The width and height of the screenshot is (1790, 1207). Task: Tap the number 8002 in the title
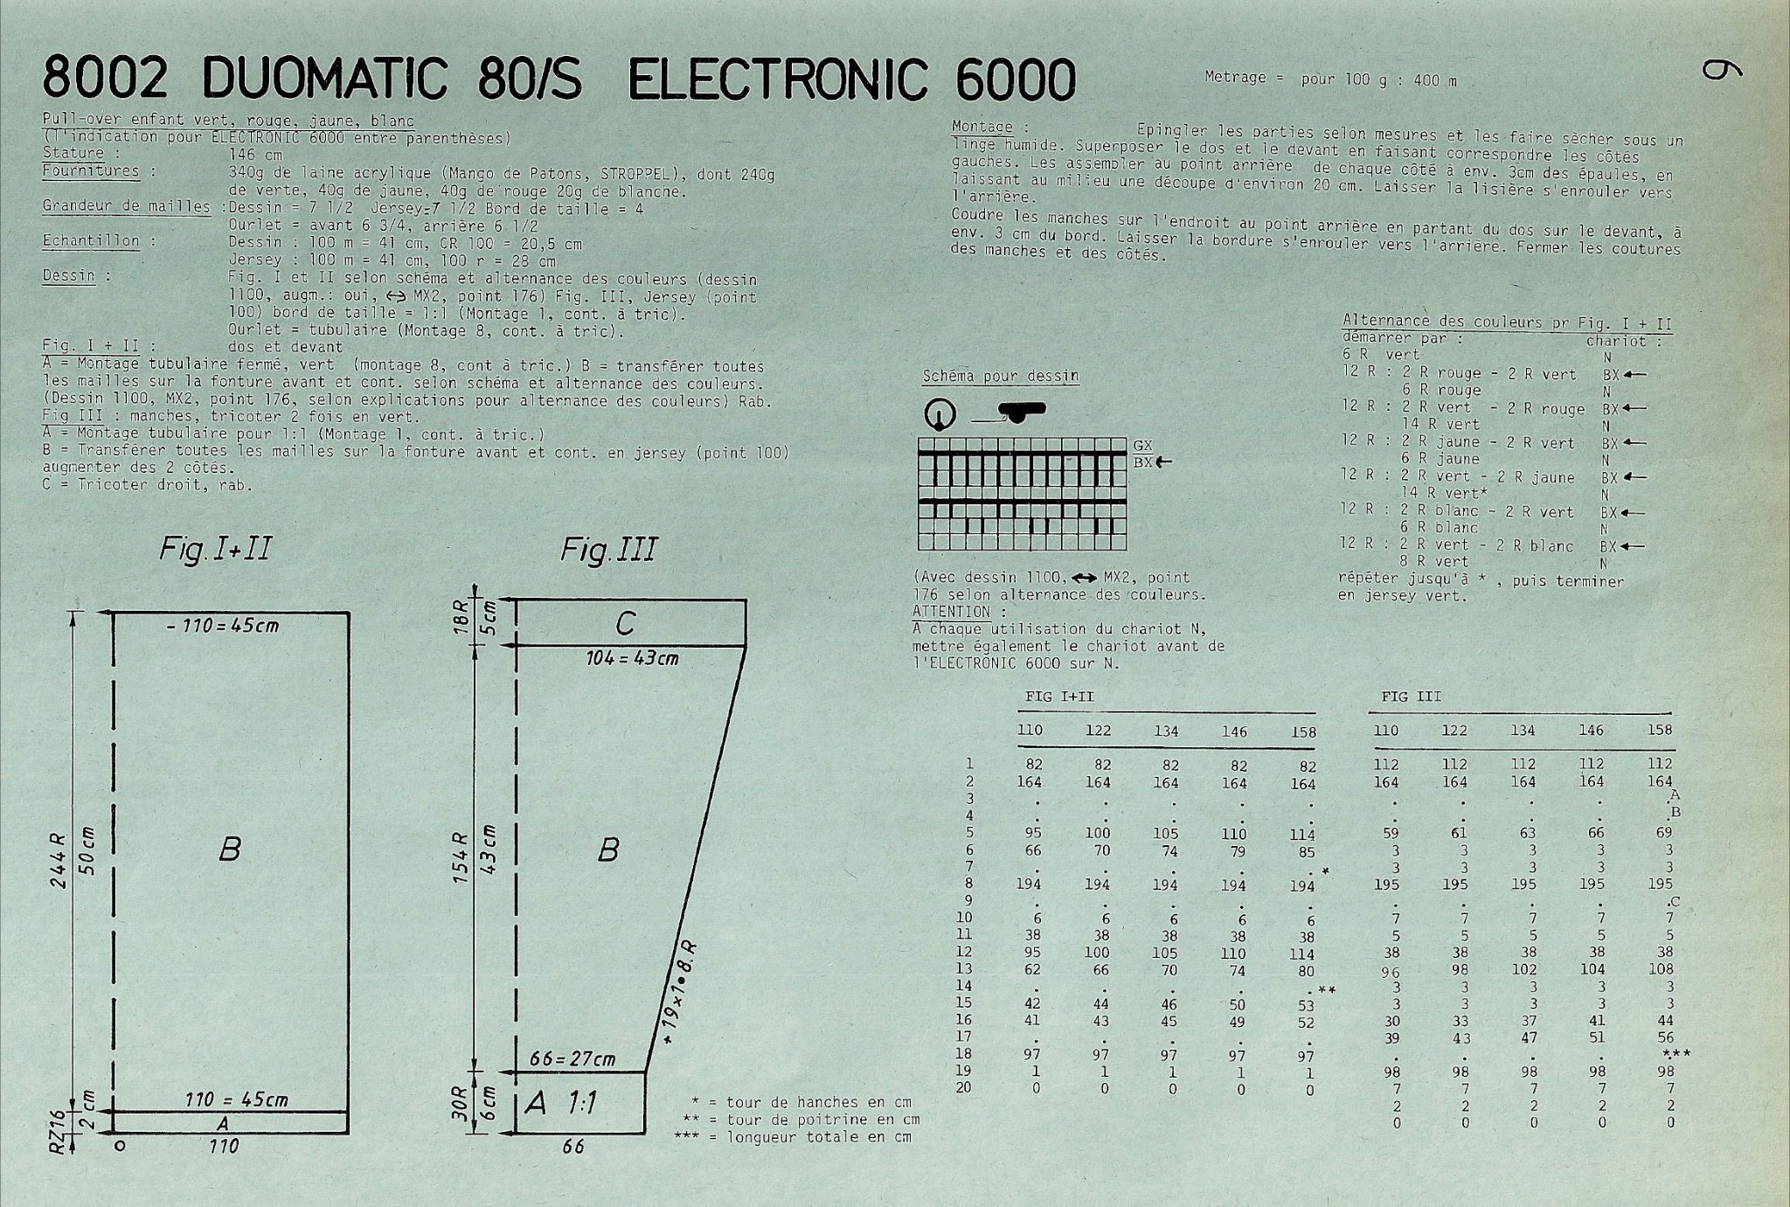tap(104, 80)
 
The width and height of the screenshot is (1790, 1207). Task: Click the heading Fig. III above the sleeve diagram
tap(608, 550)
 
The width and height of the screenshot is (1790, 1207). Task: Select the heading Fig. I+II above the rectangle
tap(215, 549)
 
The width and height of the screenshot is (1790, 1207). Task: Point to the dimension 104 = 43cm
tap(632, 658)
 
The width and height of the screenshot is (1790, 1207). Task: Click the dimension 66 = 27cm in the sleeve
tap(572, 1059)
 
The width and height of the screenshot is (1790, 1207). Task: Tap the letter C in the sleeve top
tap(625, 623)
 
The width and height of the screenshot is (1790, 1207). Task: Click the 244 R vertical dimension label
tap(58, 860)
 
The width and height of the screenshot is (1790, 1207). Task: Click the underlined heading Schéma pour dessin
tap(1001, 377)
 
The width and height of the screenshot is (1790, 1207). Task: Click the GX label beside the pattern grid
tap(1142, 446)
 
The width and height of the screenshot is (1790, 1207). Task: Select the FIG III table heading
tap(1411, 697)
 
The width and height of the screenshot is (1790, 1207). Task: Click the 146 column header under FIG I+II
tap(1234, 732)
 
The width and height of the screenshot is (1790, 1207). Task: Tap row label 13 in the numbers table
tap(963, 968)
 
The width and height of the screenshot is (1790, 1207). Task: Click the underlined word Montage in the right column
tap(982, 128)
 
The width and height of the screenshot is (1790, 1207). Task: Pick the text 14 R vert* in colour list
tap(1444, 493)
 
